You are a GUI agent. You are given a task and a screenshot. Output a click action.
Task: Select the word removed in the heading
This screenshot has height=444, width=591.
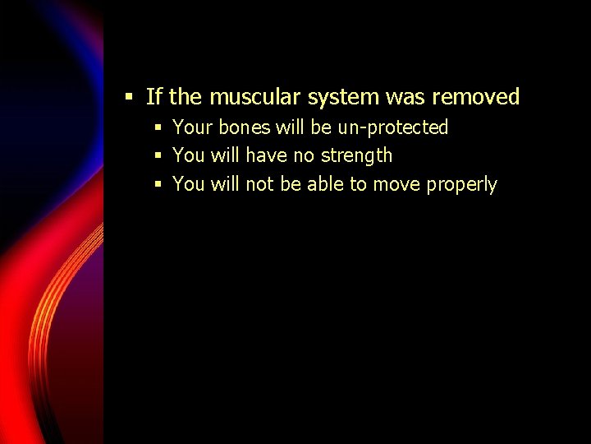tap(475, 97)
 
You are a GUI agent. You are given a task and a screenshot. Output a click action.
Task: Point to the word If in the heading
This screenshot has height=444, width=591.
tap(153, 97)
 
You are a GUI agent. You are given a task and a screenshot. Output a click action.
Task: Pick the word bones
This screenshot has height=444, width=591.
tap(244, 127)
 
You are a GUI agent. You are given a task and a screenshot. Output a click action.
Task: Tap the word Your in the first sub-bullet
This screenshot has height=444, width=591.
tap(193, 127)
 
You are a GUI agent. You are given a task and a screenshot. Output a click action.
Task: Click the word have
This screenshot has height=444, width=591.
tap(266, 155)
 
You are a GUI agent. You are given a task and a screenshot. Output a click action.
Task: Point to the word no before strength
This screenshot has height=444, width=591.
tap(303, 155)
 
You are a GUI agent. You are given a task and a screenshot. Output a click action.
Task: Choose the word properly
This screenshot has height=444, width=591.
tap(461, 185)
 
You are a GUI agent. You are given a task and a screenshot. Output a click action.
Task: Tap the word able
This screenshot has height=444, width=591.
tap(326, 184)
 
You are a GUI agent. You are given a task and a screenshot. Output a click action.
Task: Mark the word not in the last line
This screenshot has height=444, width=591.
tap(259, 184)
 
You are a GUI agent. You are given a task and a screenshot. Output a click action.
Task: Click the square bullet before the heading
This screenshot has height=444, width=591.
tap(129, 97)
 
